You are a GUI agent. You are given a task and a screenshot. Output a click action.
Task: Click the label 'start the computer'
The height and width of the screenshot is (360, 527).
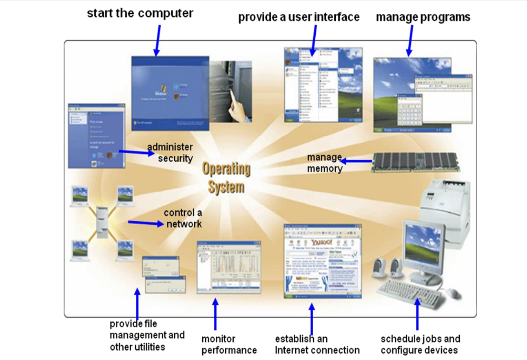140,13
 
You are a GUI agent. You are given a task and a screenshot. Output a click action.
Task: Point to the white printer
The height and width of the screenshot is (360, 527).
447,208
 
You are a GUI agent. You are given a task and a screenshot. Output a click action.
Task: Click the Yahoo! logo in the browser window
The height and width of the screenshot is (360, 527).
322,243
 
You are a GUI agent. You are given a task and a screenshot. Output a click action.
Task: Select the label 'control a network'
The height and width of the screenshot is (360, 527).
183,218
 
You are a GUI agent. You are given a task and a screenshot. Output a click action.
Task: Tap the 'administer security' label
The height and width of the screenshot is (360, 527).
170,152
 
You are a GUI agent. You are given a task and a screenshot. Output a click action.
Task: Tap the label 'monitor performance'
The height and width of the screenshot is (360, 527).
229,345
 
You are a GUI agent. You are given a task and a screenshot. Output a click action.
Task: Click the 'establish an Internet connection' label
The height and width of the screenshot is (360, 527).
317,345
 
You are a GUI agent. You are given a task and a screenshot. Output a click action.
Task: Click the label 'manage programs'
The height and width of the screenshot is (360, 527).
423,17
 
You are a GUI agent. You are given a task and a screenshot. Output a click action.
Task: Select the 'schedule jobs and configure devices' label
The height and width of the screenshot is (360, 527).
420,345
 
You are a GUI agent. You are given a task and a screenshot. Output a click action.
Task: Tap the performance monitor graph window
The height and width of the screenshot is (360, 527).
229,267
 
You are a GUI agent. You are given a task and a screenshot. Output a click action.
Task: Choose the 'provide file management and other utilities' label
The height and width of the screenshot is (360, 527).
147,335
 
